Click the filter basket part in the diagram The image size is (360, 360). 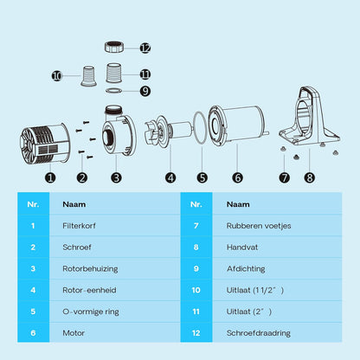tap(45, 145)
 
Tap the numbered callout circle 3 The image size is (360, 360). tap(116, 177)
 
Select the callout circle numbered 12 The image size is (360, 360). tap(145, 48)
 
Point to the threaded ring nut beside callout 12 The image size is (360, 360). tap(114, 47)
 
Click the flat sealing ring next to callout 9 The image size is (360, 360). tap(113, 91)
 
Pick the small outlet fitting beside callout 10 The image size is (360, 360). tap(88, 76)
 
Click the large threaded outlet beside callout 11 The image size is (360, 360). tap(113, 73)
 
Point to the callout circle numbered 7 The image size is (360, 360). tap(284, 177)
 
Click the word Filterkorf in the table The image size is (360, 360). tap(79, 226)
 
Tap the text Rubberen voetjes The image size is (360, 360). tap(259, 226)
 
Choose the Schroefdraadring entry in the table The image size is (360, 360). tap(259, 333)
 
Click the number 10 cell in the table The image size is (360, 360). tap(196, 290)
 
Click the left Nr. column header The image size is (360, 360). tap(33, 204)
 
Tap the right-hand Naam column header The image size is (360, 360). tap(238, 204)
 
